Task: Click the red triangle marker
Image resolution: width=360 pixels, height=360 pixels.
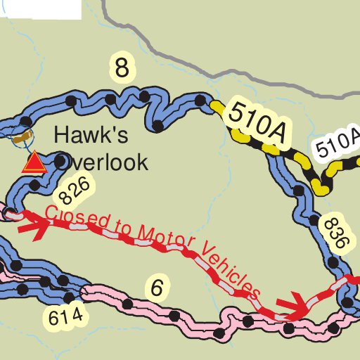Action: click(33, 163)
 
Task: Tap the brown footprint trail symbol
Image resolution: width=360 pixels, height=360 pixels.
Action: click(25, 134)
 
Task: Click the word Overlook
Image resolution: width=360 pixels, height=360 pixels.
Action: click(101, 162)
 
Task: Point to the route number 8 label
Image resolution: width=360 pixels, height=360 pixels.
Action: click(122, 68)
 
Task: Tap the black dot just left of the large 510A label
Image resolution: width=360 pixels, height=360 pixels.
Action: click(202, 99)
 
